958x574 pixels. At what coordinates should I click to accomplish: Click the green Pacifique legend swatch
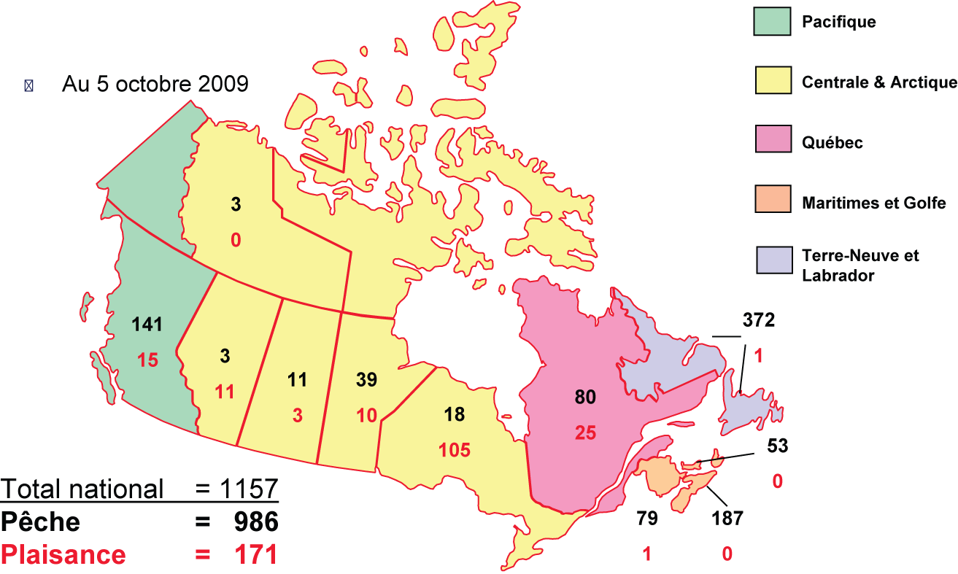coord(773,22)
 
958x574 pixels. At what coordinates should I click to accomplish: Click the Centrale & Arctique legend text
coord(878,82)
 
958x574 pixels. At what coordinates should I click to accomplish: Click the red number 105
coord(455,450)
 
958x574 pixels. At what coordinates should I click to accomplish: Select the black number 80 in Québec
coord(585,397)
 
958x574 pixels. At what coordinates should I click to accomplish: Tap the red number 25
coord(585,433)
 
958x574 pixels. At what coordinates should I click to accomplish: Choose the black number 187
coord(727,519)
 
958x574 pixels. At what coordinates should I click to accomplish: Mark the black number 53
coord(778,446)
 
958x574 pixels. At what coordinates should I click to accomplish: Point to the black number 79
coord(646,519)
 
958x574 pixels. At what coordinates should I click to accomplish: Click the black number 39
coord(366,379)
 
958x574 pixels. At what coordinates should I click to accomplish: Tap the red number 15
coord(147,360)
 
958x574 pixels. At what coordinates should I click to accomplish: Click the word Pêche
coord(40,522)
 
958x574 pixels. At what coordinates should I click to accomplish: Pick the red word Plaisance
coord(63,555)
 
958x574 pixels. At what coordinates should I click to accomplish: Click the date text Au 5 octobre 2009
coord(155,84)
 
